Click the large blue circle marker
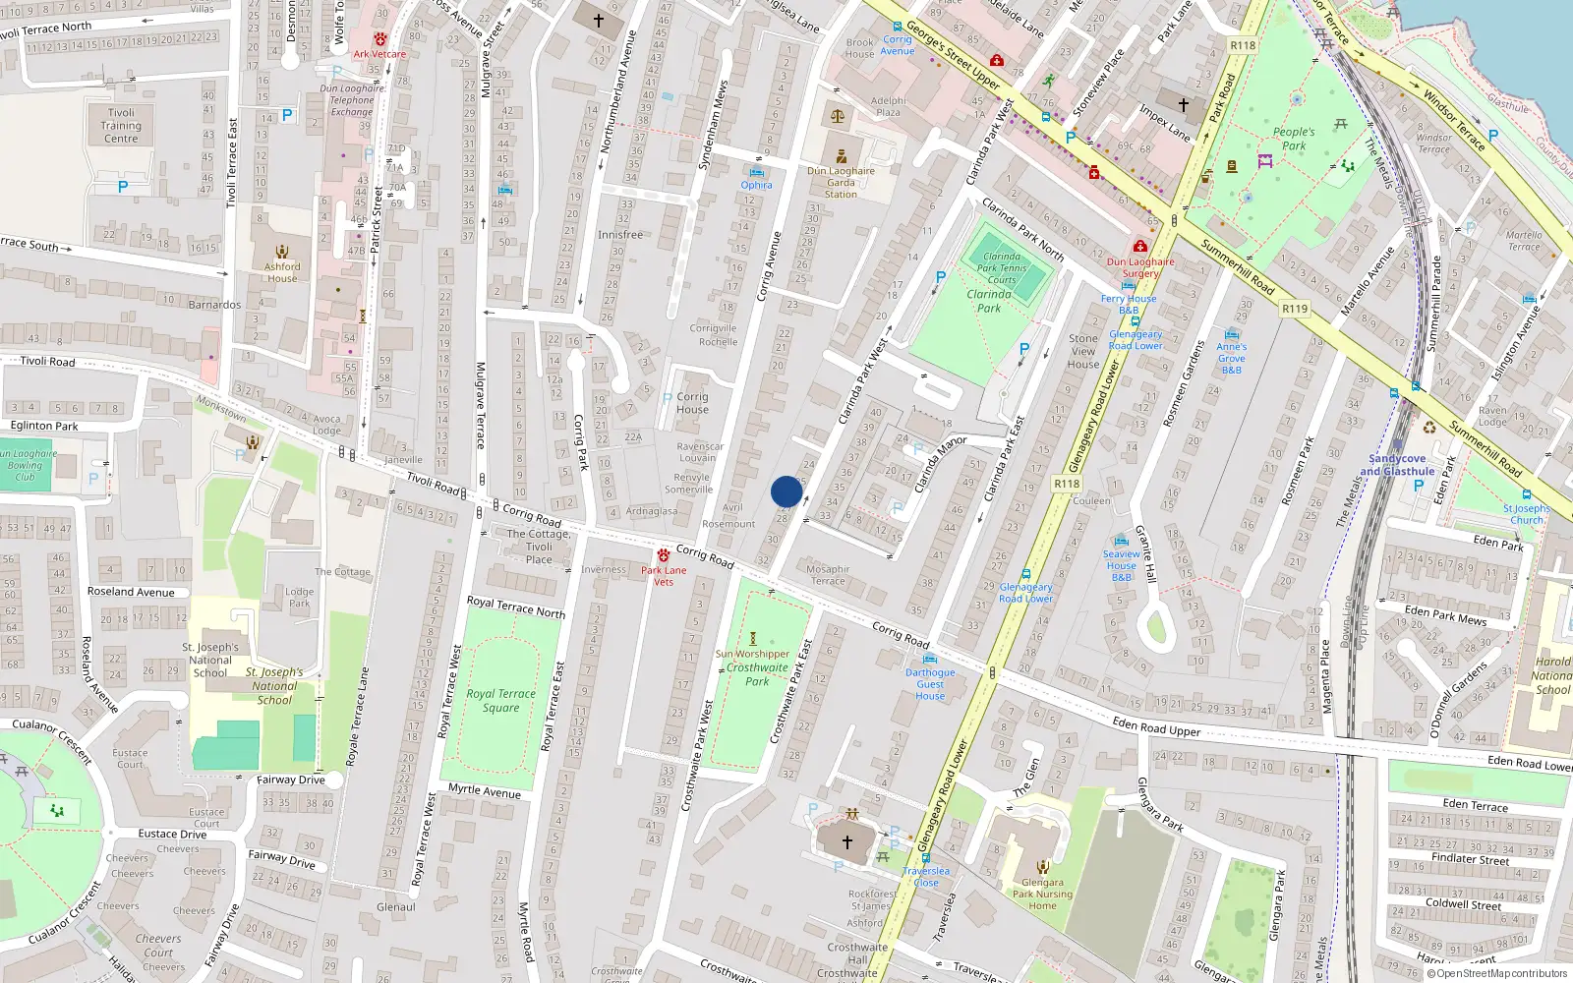(786, 491)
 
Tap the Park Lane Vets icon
(664, 555)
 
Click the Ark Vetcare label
(379, 54)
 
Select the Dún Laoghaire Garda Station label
(841, 182)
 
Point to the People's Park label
(1294, 139)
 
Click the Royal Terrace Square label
(500, 700)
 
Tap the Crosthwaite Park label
(757, 673)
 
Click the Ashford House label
(282, 272)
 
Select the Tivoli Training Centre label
(121, 126)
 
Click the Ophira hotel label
(756, 185)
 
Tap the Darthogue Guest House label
(930, 683)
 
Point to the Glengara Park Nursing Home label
(1042, 894)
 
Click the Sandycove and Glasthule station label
(1397, 465)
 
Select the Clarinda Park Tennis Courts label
(1002, 267)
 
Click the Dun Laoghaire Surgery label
(1140, 267)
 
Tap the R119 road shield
(1295, 309)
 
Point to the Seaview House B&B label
(1121, 565)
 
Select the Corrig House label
(692, 403)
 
